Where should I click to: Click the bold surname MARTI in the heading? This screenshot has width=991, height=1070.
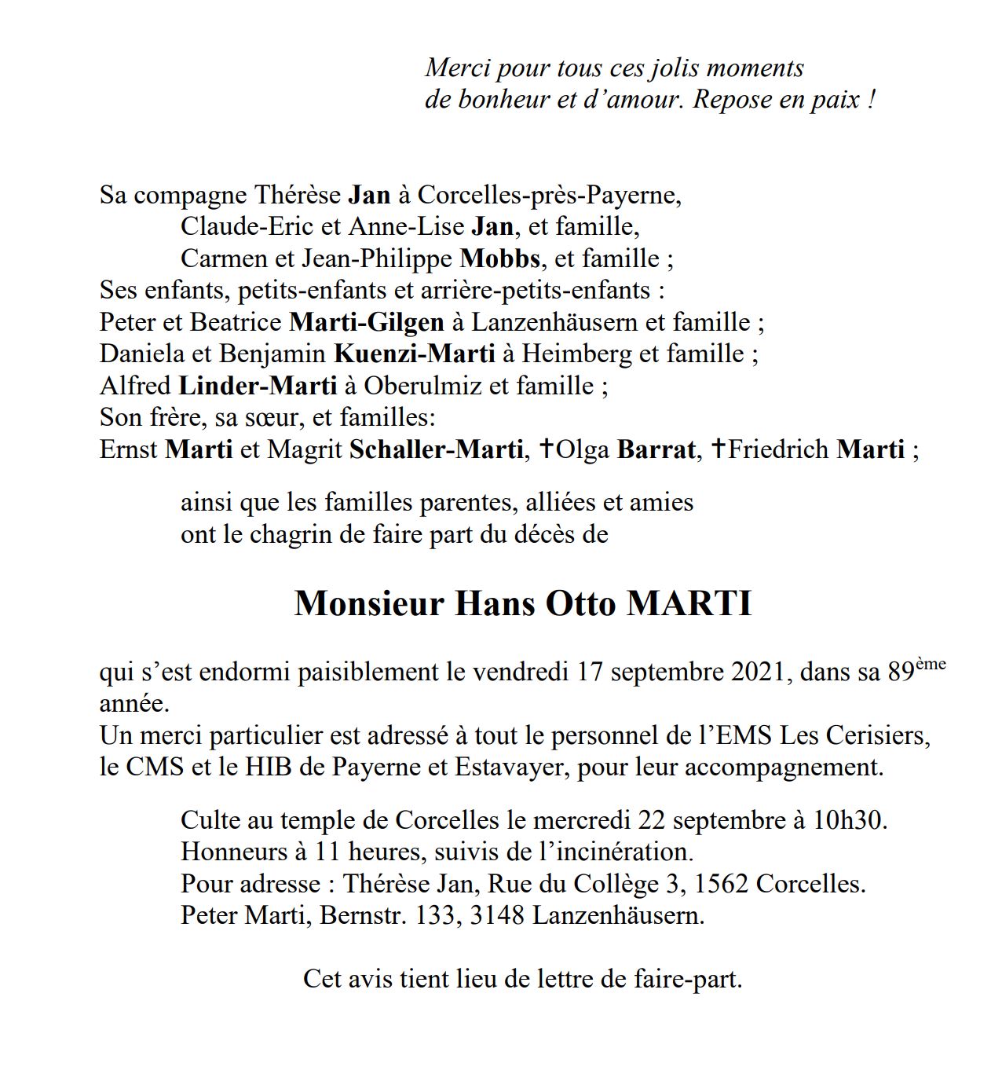click(x=689, y=603)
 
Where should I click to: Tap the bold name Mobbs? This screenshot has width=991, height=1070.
click(x=499, y=258)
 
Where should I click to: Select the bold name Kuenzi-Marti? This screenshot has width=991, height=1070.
click(x=414, y=354)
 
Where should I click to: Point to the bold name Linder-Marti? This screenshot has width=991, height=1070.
click(x=258, y=386)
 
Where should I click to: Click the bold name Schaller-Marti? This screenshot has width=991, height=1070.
click(x=436, y=449)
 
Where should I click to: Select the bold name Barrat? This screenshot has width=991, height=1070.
click(x=656, y=449)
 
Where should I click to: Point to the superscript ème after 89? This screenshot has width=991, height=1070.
click(x=931, y=665)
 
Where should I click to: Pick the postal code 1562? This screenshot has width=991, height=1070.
click(x=722, y=884)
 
